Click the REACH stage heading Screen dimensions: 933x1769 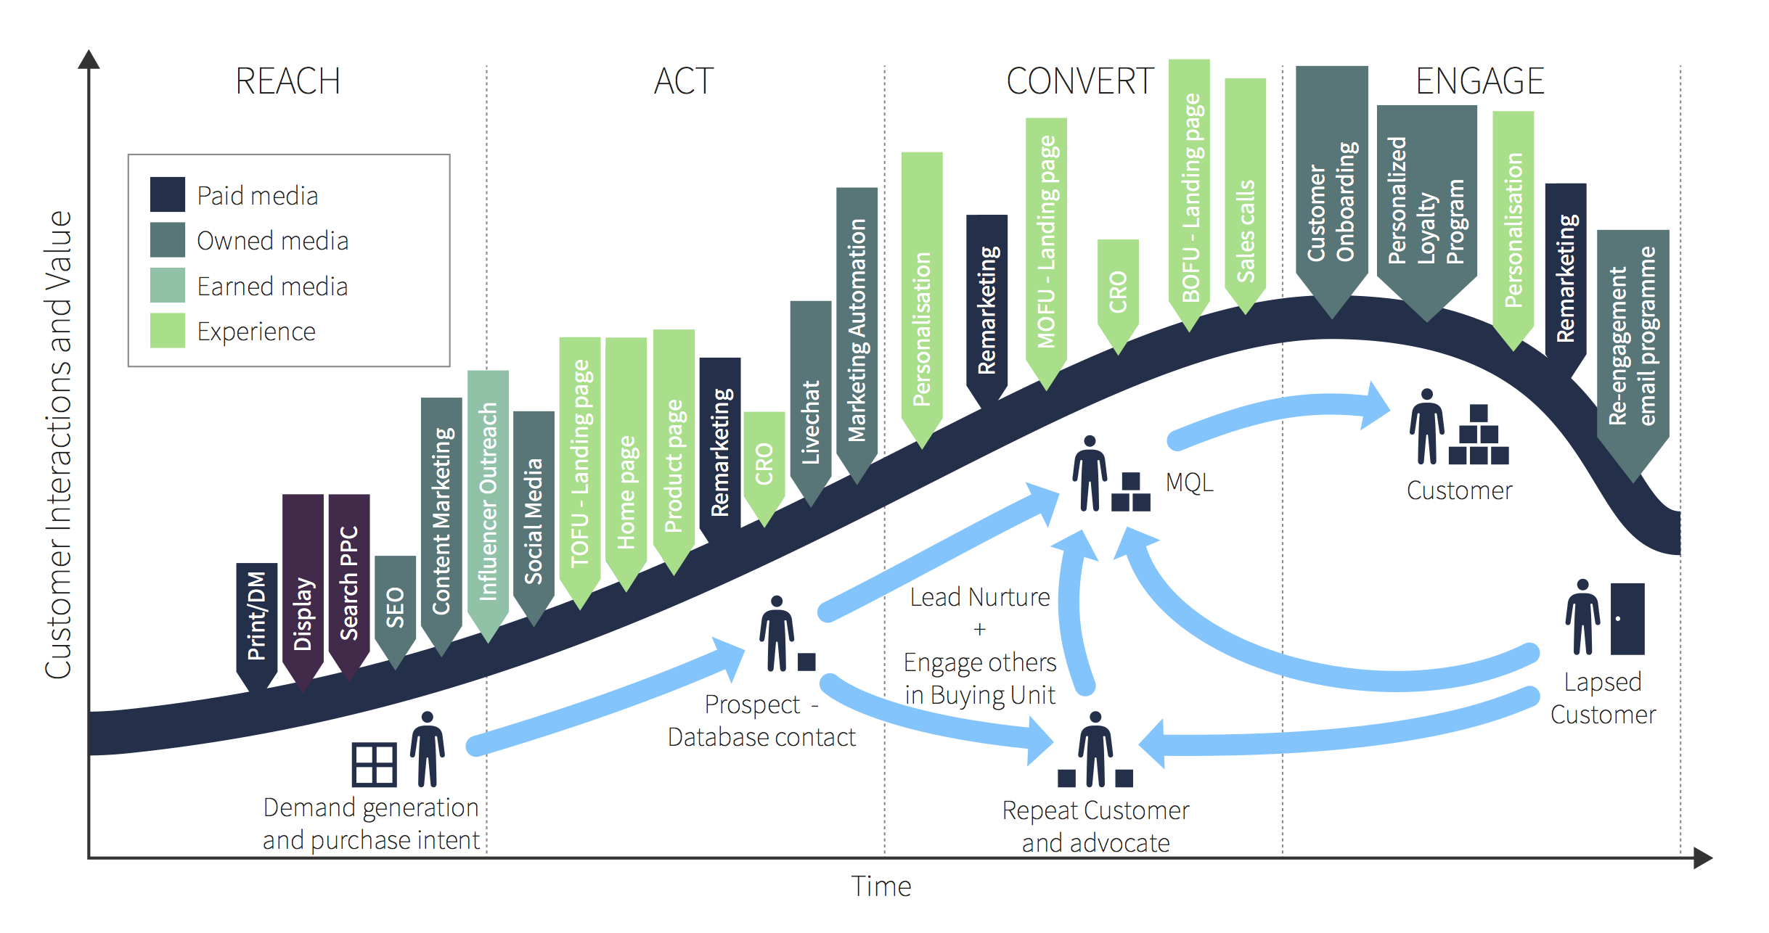(287, 81)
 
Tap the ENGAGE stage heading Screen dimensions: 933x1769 (1479, 81)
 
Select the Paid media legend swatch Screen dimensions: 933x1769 (167, 194)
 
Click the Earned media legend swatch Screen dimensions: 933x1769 (167, 285)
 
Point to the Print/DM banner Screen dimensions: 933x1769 (256, 617)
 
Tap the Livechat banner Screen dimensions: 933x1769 (810, 414)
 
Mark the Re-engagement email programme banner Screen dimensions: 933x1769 (1633, 341)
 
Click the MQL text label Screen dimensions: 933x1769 (1189, 482)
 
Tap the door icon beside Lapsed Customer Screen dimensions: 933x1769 (1627, 619)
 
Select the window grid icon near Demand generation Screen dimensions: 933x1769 (374, 765)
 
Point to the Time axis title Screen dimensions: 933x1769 (881, 887)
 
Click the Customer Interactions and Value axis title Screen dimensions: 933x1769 (58, 444)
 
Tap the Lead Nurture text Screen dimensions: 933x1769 (979, 597)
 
